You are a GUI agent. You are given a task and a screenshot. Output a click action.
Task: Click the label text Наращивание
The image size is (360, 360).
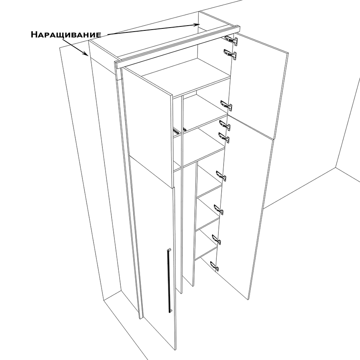point(66,34)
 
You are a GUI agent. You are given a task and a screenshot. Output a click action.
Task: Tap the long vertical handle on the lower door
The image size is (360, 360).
point(169,280)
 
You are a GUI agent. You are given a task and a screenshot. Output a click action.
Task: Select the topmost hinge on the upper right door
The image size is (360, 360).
point(231,40)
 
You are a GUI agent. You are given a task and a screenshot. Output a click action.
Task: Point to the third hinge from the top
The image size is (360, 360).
point(226,105)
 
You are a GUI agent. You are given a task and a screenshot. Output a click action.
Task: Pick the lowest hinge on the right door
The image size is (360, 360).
point(215,266)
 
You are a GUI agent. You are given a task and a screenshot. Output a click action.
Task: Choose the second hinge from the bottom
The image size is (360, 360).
point(216,239)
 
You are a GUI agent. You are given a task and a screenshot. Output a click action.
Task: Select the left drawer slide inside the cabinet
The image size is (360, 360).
point(176,130)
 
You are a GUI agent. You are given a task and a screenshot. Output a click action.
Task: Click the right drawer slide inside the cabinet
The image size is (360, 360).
point(184,129)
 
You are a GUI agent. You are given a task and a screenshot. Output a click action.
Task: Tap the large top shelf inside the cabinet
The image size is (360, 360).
point(186,77)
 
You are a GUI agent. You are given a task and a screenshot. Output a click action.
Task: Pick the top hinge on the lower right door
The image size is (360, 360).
point(224,125)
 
